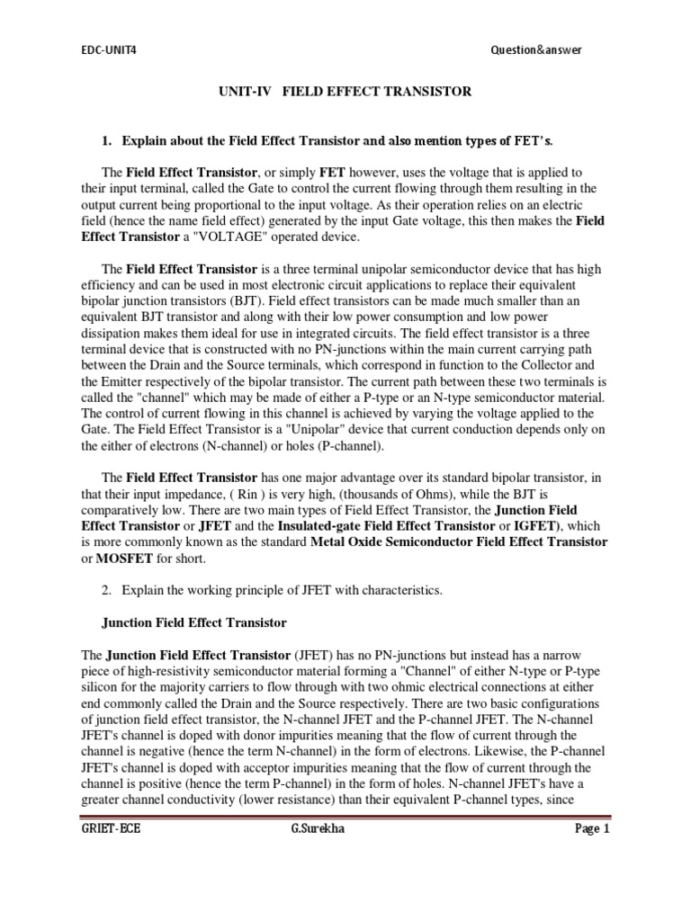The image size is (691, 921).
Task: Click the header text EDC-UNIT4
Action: [x=106, y=50]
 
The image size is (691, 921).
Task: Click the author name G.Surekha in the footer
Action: [x=317, y=829]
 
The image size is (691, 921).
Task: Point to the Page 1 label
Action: [x=593, y=829]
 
